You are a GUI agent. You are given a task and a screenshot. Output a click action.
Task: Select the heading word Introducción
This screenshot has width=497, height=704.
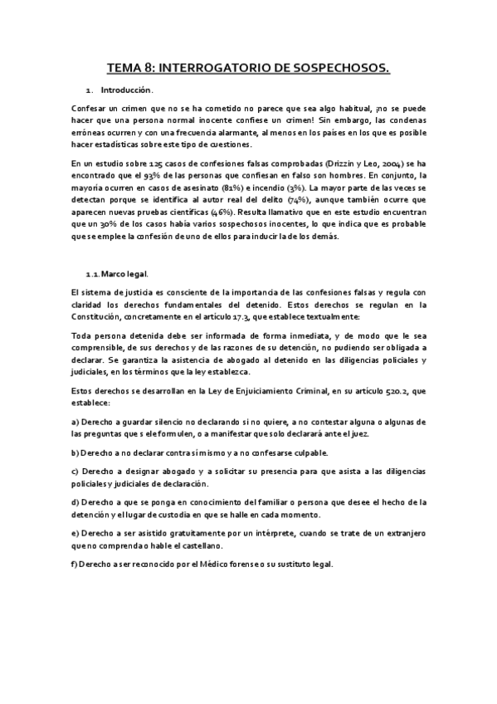click(127, 90)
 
